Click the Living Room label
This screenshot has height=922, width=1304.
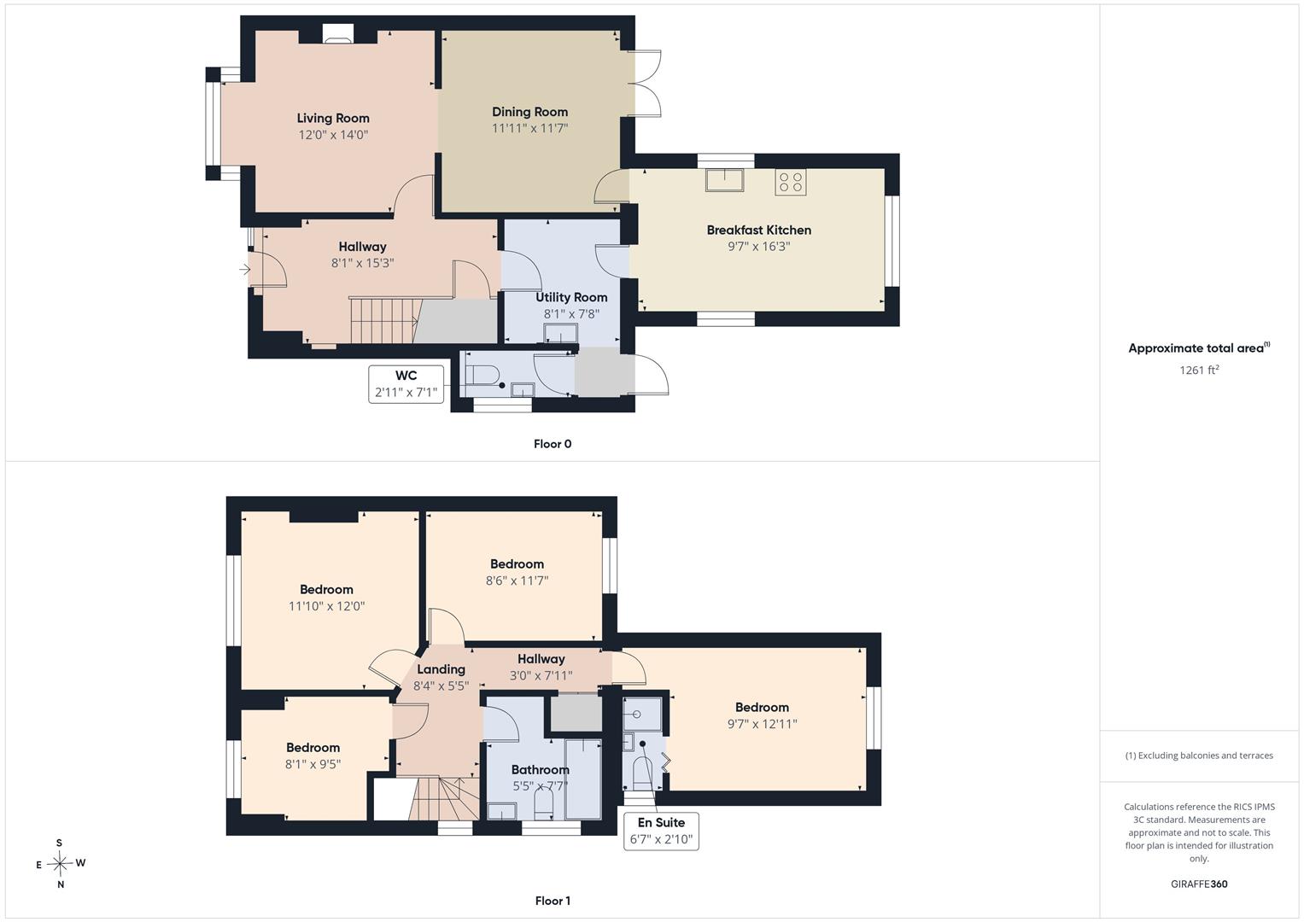click(x=333, y=118)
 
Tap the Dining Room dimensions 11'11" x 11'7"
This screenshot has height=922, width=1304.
click(x=529, y=128)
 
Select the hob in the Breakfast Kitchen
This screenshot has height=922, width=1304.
click(x=791, y=182)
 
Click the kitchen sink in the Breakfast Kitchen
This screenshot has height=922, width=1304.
click(x=725, y=180)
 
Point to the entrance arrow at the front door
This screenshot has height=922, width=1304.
click(x=245, y=270)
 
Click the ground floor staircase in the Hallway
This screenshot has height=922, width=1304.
click(x=385, y=321)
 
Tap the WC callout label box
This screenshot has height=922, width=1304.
click(x=406, y=383)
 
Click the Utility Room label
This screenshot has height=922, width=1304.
click(x=571, y=297)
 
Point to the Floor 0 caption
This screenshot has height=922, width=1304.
click(x=553, y=444)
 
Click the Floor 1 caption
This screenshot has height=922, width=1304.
click(x=553, y=901)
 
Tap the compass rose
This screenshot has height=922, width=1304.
click(x=60, y=864)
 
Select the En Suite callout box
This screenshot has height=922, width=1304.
click(x=661, y=832)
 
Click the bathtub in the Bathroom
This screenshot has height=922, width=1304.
click(x=582, y=779)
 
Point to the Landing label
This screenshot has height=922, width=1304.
click(x=441, y=669)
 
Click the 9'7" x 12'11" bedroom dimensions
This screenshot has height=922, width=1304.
click(x=762, y=724)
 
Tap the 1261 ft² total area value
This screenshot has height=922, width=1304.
click(x=1199, y=370)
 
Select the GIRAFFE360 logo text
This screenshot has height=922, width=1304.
click(x=1199, y=884)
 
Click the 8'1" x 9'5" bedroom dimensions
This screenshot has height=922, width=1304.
click(x=313, y=764)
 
